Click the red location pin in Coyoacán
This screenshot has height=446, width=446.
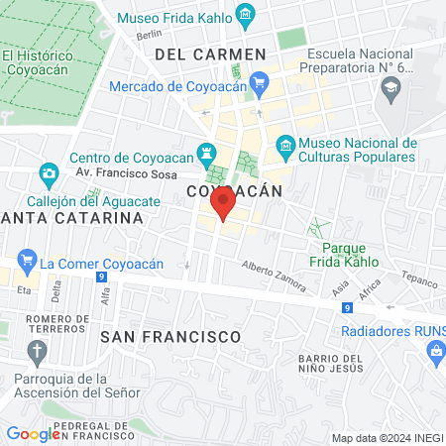(222, 205)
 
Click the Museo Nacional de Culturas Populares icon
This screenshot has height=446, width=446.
(285, 146)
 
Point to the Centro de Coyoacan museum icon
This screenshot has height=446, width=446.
(206, 155)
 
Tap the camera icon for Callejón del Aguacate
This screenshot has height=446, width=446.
(48, 175)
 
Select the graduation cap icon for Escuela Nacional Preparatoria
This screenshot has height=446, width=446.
(390, 89)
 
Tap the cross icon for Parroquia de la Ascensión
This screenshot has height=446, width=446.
(37, 351)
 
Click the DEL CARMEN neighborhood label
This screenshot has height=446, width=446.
(211, 55)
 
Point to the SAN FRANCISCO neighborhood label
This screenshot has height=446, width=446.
(170, 337)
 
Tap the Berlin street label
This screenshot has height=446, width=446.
(149, 35)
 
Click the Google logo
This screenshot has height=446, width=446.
(33, 433)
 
